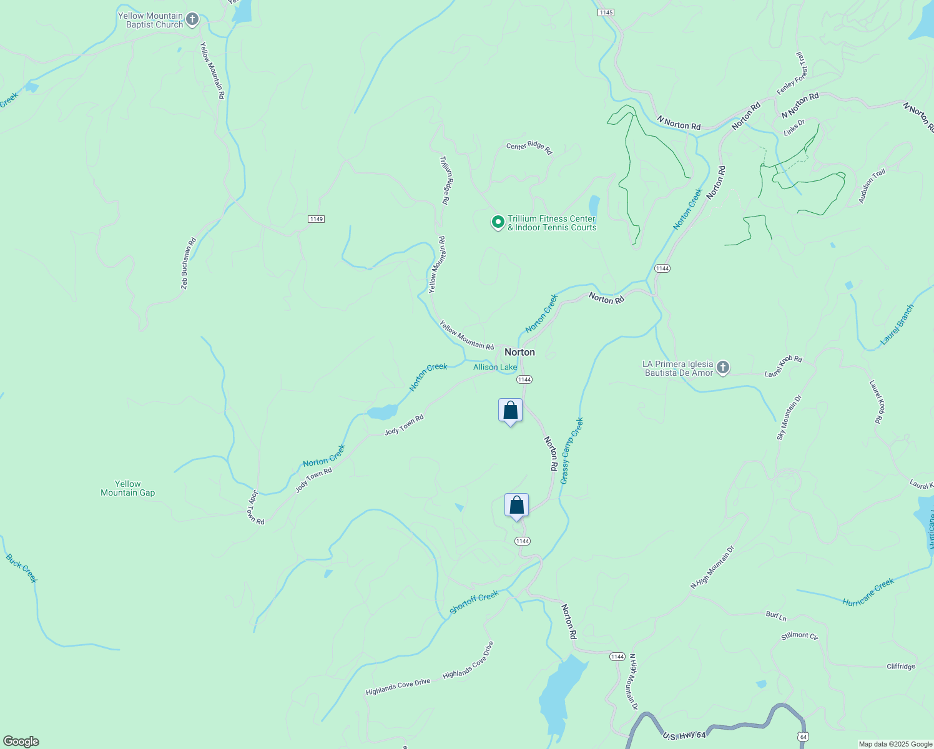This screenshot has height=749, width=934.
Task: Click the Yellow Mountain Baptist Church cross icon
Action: tap(192, 20)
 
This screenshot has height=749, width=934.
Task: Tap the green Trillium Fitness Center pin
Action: tap(498, 222)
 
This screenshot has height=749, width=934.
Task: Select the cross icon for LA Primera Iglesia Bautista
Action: tap(723, 368)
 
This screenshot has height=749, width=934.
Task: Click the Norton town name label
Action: tap(519, 352)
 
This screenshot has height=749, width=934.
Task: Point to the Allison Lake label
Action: tap(495, 367)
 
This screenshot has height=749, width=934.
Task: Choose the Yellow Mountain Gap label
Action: tap(128, 488)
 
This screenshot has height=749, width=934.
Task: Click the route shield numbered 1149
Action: tap(317, 219)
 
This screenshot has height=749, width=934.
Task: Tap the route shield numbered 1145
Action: tap(606, 12)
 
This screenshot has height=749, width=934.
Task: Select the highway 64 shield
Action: tap(803, 737)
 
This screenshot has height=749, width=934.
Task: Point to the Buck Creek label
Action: tap(22, 568)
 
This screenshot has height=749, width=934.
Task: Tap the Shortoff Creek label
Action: tap(474, 602)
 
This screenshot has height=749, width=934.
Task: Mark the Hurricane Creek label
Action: tap(868, 592)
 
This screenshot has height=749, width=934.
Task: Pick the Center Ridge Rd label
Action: tap(529, 147)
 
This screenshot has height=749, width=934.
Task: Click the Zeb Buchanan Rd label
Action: tap(188, 263)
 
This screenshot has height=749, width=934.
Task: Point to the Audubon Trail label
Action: tap(872, 186)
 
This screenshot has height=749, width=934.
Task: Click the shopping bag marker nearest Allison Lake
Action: tap(511, 411)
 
